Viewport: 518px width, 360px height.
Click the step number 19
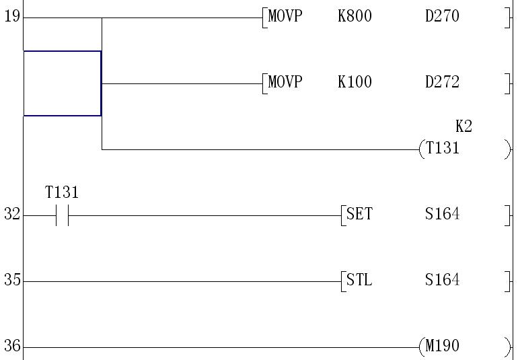[11, 16]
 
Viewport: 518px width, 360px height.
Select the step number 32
[11, 215]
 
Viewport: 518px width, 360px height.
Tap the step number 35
[11, 281]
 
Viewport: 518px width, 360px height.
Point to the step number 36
[11, 347]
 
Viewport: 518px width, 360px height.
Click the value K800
[355, 16]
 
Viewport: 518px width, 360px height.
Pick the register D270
[442, 16]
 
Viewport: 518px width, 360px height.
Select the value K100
[355, 82]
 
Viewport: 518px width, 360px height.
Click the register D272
[442, 82]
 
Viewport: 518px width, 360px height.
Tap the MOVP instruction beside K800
[285, 16]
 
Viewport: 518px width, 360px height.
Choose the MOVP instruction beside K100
[285, 82]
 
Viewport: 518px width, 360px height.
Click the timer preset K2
[464, 127]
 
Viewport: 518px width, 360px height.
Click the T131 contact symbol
[62, 215]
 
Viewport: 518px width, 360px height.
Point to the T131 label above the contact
[62, 193]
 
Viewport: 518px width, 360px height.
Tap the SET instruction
[359, 215]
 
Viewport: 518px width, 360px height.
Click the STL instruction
[359, 281]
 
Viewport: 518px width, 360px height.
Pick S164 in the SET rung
[442, 215]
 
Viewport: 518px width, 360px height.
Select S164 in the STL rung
[442, 281]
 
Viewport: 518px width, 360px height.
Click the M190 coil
[443, 347]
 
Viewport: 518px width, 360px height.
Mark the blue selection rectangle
[62, 83]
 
